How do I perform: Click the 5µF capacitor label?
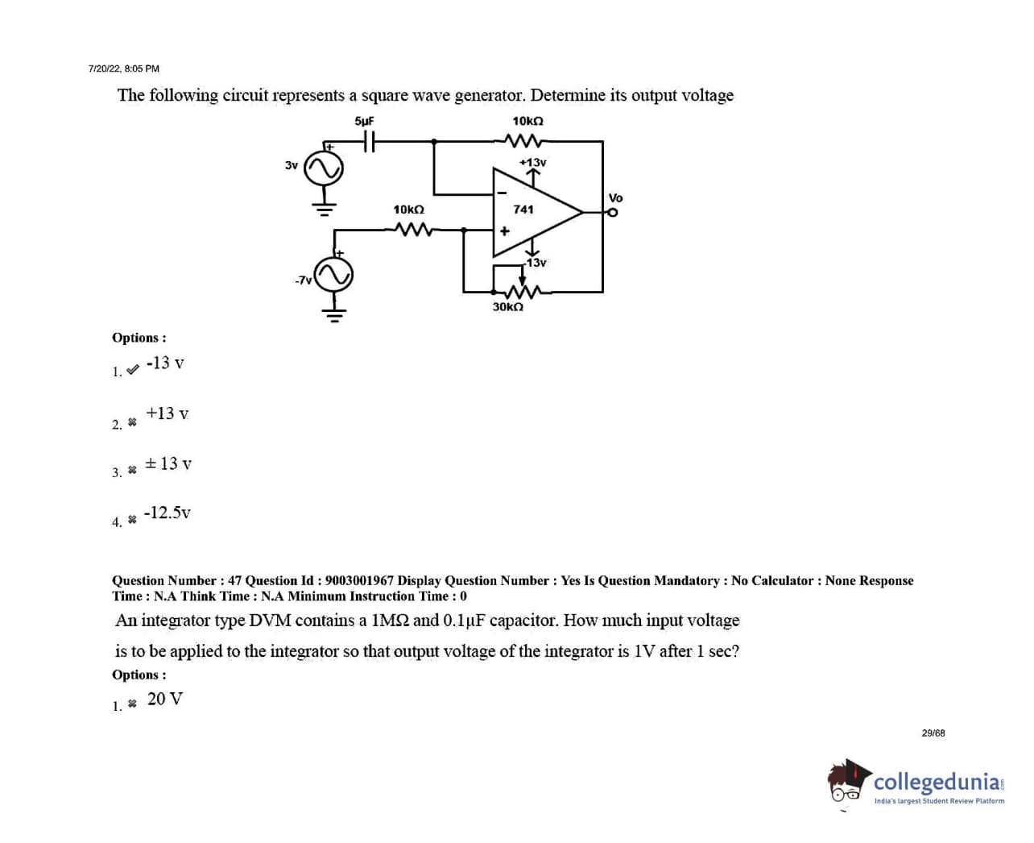364,121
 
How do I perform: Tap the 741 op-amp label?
523,209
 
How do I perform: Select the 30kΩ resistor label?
508,307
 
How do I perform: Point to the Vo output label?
615,197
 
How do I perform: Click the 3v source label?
292,165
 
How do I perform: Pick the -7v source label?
303,280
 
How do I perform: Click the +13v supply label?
533,162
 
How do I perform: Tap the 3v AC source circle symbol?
324,168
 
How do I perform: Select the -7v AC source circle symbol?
333,276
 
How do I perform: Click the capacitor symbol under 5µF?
368,142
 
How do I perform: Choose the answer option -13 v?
165,363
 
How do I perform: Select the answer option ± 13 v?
168,463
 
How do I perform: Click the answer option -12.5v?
168,513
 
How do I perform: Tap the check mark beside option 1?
133,370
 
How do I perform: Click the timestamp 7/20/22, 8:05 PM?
124,69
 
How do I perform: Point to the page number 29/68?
933,733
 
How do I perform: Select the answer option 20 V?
165,699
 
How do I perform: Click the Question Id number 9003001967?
359,580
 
